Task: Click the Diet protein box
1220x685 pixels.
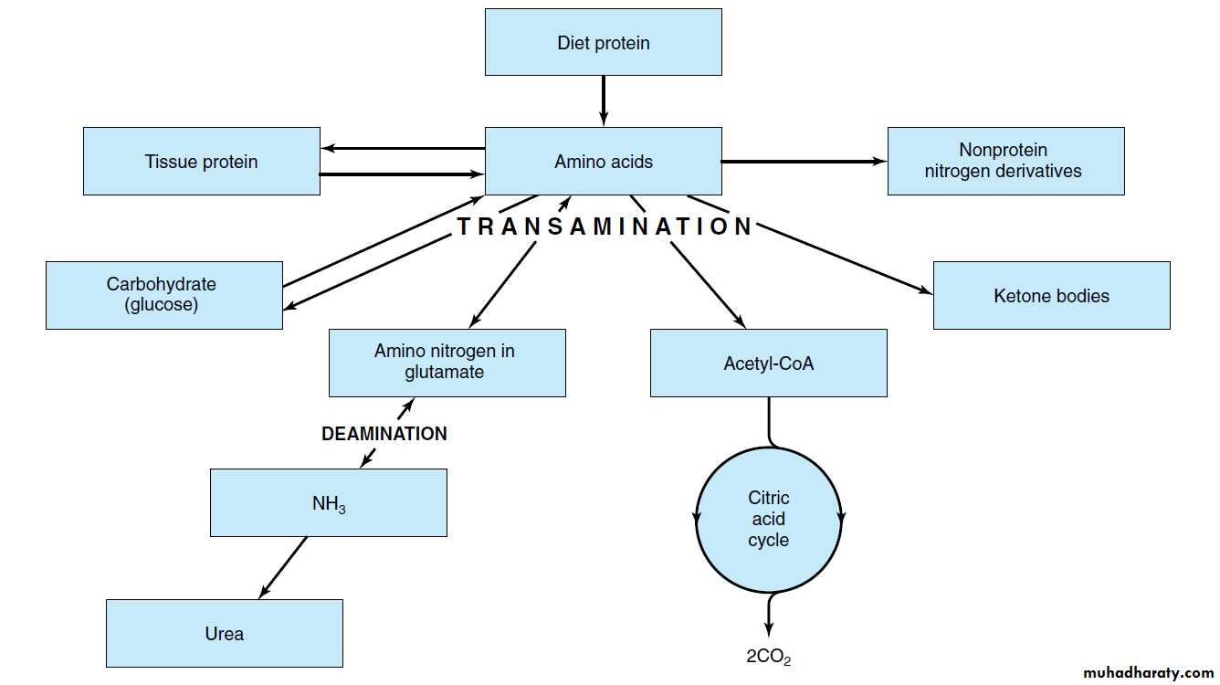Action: [x=603, y=42]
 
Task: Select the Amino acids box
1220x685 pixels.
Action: [x=603, y=161]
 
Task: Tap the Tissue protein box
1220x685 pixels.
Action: [x=201, y=161]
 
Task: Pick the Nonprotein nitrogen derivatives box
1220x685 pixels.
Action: [x=1004, y=161]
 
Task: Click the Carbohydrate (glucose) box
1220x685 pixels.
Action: [x=163, y=295]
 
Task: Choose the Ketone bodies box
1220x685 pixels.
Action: [x=1051, y=295]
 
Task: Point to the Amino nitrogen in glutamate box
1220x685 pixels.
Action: [x=447, y=363]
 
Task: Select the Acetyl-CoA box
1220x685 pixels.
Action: [x=768, y=363]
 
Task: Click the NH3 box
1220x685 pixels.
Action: [x=328, y=502]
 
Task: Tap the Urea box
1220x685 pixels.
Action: [x=224, y=633]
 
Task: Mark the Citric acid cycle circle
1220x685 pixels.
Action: [x=768, y=519]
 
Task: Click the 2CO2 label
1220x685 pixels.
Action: [x=768, y=656]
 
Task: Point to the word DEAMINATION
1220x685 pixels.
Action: [x=384, y=434]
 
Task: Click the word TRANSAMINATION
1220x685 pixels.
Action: [x=605, y=227]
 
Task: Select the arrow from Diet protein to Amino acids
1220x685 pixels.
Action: [x=603, y=100]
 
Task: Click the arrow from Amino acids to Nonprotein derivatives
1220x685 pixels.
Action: [x=804, y=162]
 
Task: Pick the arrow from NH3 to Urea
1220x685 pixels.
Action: [x=283, y=567]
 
